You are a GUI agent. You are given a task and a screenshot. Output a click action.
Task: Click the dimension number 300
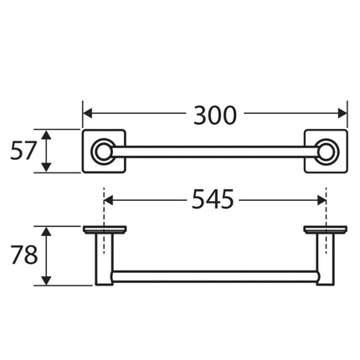(215, 115)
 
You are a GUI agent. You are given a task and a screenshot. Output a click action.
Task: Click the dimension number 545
(213, 199)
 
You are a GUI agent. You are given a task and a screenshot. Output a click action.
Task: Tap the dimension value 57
(23, 151)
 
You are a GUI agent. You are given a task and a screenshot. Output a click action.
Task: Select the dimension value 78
(23, 255)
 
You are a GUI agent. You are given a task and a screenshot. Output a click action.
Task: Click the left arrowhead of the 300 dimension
(88, 114)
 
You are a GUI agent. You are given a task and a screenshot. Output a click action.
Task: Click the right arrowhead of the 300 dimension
(342, 114)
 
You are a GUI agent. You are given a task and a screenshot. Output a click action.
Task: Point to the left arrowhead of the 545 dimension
(108, 200)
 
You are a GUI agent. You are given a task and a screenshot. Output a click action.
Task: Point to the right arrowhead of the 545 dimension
(321, 200)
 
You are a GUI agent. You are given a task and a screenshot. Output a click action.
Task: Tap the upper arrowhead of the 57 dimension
(46, 135)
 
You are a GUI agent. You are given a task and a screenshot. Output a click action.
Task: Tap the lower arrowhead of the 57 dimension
(46, 167)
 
